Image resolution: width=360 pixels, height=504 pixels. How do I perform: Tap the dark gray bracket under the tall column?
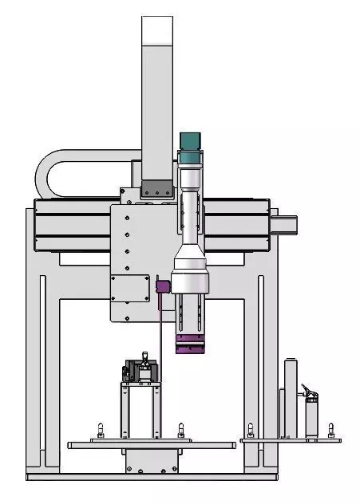pyautogui.click(x=156, y=191)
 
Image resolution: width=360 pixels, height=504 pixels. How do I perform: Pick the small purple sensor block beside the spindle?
pyautogui.click(x=162, y=285)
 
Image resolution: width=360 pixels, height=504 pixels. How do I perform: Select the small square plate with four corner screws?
pyautogui.click(x=130, y=288)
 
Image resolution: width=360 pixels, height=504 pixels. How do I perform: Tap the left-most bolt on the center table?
pyautogui.click(x=100, y=431)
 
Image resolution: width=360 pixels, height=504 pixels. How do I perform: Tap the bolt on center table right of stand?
pyautogui.click(x=181, y=431)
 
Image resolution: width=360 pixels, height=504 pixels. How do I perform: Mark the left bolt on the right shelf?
pyautogui.click(x=251, y=431)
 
